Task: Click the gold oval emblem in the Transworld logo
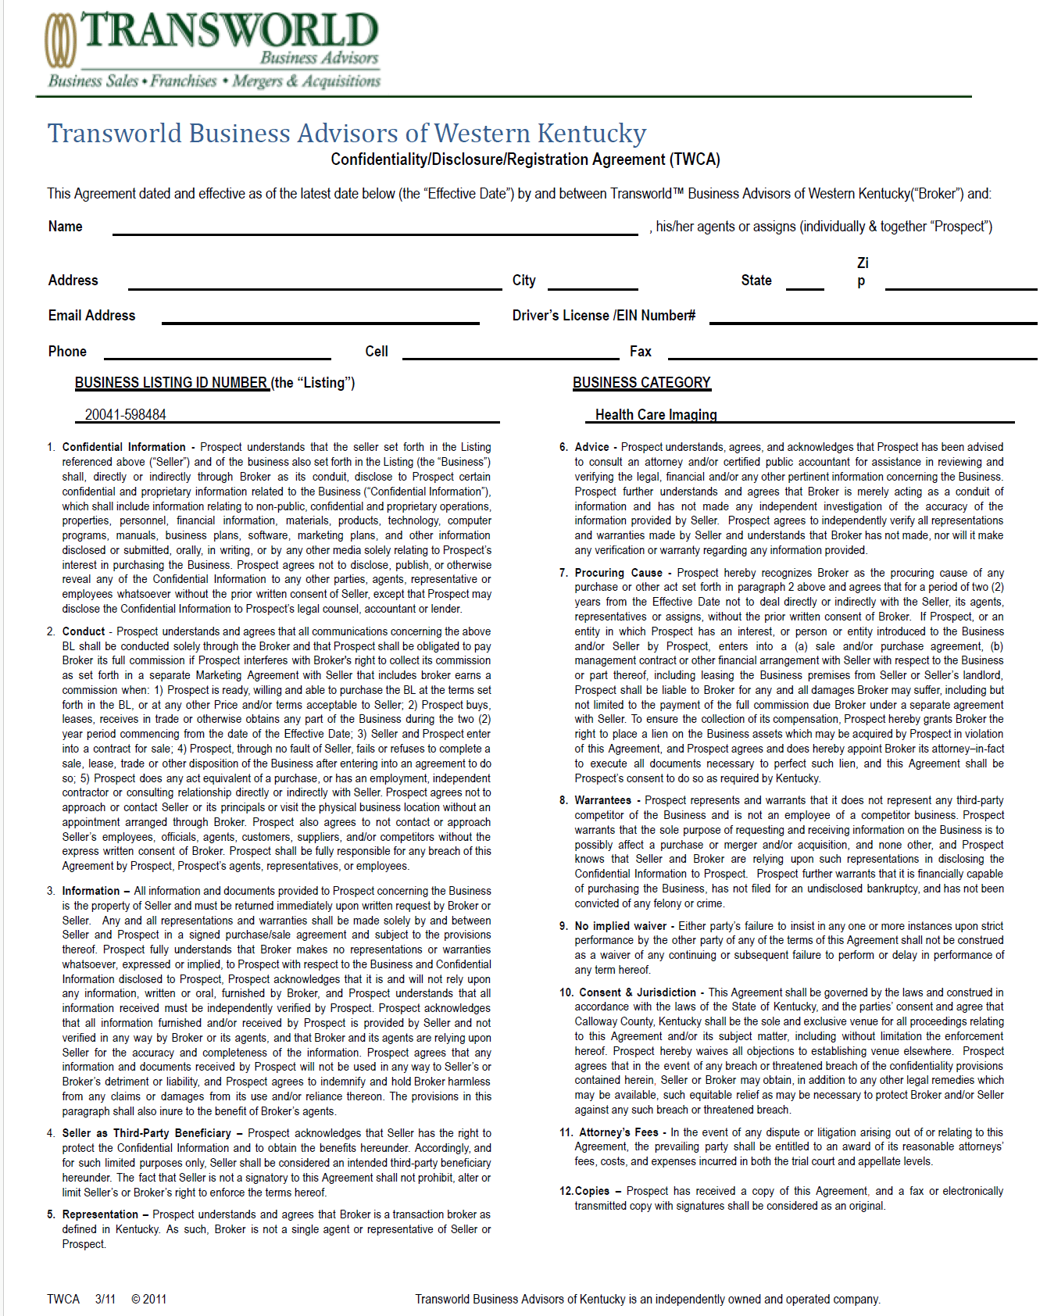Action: [x=61, y=40]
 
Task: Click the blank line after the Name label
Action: [x=375, y=227]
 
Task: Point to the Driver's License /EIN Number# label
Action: [x=603, y=316]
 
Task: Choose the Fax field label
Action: [x=640, y=352]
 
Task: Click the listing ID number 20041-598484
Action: [x=126, y=415]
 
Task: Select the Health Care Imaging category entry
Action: [x=656, y=415]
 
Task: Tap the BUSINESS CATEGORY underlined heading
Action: [x=641, y=383]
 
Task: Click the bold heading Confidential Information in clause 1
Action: [x=124, y=447]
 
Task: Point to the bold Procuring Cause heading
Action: [x=618, y=573]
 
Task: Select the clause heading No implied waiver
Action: [x=620, y=926]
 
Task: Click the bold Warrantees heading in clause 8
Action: [x=602, y=800]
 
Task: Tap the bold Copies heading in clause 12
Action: [x=591, y=1191]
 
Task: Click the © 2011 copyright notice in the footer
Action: [x=148, y=1299]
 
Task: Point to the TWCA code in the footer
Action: [x=63, y=1299]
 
